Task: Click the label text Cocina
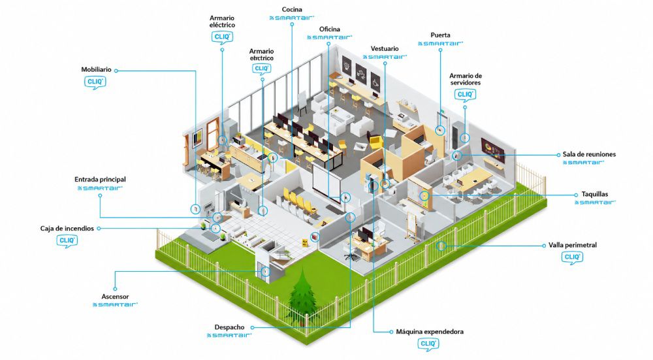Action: pyautogui.click(x=292, y=10)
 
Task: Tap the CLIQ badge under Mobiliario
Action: pyautogui.click(x=95, y=82)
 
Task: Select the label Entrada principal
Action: pyautogui.click(x=100, y=180)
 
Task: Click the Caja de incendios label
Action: pyautogui.click(x=67, y=228)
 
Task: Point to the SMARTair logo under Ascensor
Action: pyautogui.click(x=116, y=304)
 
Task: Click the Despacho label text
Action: pyautogui.click(x=229, y=327)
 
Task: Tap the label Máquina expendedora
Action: pyautogui.click(x=430, y=332)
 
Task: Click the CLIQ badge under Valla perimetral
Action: pyautogui.click(x=572, y=257)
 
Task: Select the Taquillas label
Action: pyautogui.click(x=595, y=194)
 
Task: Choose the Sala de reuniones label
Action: pyautogui.click(x=589, y=154)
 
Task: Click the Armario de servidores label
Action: pyautogui.click(x=465, y=79)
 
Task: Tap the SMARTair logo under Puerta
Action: pyautogui.click(x=441, y=43)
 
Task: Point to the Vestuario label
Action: pyautogui.click(x=385, y=49)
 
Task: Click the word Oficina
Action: pyautogui.click(x=329, y=29)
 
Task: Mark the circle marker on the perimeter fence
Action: pyautogui.click(x=441, y=246)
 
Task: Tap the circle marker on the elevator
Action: pyautogui.click(x=265, y=272)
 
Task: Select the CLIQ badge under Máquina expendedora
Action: pyautogui.click(x=428, y=344)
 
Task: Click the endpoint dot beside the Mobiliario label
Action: pyautogui.click(x=116, y=71)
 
